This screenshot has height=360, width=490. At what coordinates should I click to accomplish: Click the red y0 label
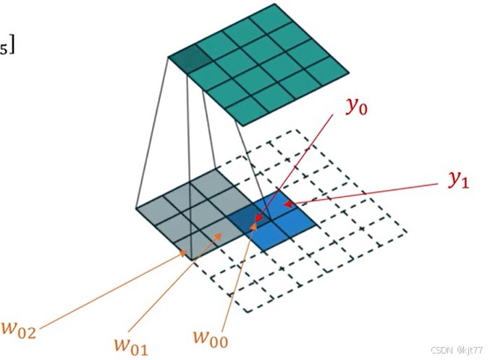tap(355, 108)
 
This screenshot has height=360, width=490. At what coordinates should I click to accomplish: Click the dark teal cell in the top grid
tap(188, 59)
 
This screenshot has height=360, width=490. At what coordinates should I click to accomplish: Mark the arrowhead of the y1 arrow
tap(287, 205)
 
